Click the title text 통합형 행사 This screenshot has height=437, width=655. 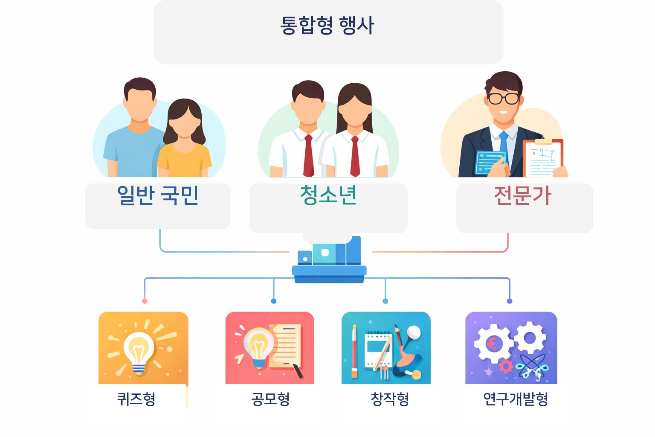click(x=327, y=25)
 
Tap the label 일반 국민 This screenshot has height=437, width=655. click(x=158, y=196)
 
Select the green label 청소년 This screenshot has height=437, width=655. click(x=328, y=195)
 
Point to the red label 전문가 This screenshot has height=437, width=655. click(x=522, y=196)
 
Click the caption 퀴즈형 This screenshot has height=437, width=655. click(x=136, y=399)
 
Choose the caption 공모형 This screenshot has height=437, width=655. click(x=270, y=399)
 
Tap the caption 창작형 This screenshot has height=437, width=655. click(x=390, y=399)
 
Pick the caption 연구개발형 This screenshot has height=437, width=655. click(x=515, y=399)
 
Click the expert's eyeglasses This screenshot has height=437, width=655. click(x=504, y=99)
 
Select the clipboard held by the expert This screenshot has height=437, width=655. click(x=543, y=158)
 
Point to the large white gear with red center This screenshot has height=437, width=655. click(x=494, y=343)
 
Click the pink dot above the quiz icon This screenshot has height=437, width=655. click(x=145, y=301)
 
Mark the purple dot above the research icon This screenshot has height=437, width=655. click(x=509, y=301)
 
